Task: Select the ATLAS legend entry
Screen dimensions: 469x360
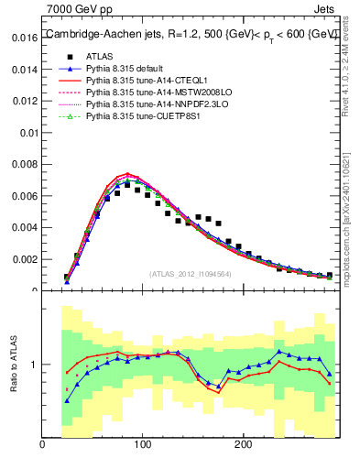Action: (x=98, y=55)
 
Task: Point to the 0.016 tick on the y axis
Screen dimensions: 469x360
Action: (x=24, y=38)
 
